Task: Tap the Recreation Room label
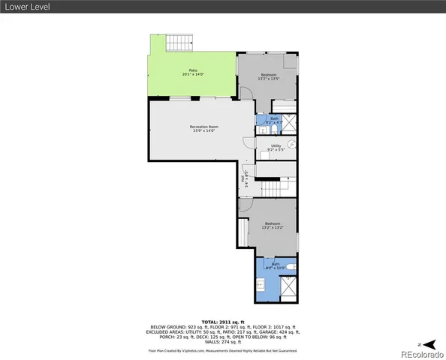[203, 129]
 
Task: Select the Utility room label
[276, 148]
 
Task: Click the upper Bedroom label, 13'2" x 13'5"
[269, 76]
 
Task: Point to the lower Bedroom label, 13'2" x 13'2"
[272, 226]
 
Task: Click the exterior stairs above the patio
[178, 43]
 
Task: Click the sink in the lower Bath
[260, 286]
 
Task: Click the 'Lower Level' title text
[25, 8]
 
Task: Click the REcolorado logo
[420, 352]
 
